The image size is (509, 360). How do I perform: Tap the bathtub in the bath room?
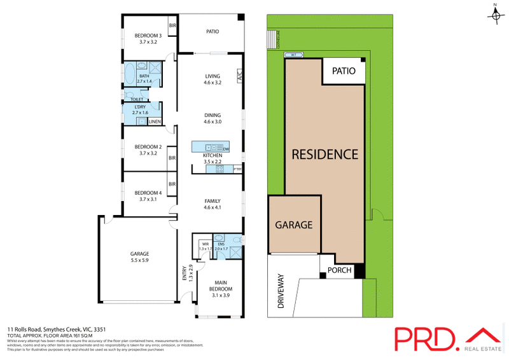pyautogui.click(x=129, y=73)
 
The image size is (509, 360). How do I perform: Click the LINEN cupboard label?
pyautogui.click(x=155, y=121)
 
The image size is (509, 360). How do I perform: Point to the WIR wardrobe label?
pyautogui.click(x=206, y=243)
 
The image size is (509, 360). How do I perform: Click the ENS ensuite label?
pyautogui.click(x=221, y=243)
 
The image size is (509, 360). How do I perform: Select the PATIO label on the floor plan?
pyautogui.click(x=213, y=31)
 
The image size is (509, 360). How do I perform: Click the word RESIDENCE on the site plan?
pyautogui.click(x=325, y=154)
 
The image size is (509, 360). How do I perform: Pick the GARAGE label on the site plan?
pyautogui.click(x=293, y=225)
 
